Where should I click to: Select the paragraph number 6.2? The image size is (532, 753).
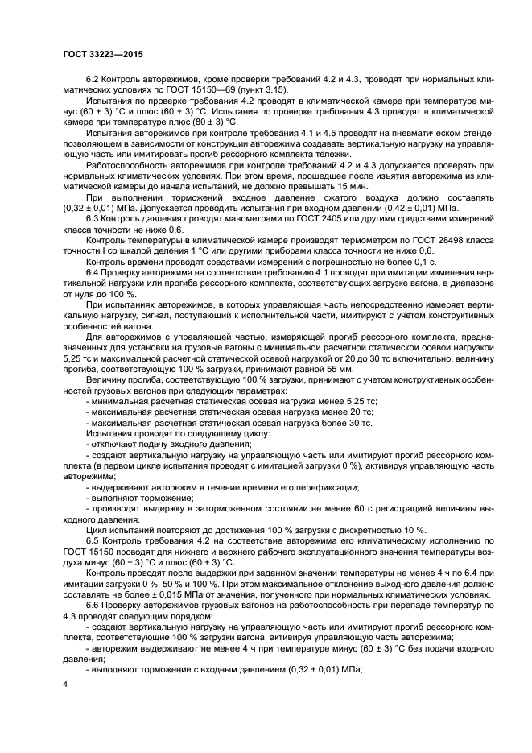pos(93,78)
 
